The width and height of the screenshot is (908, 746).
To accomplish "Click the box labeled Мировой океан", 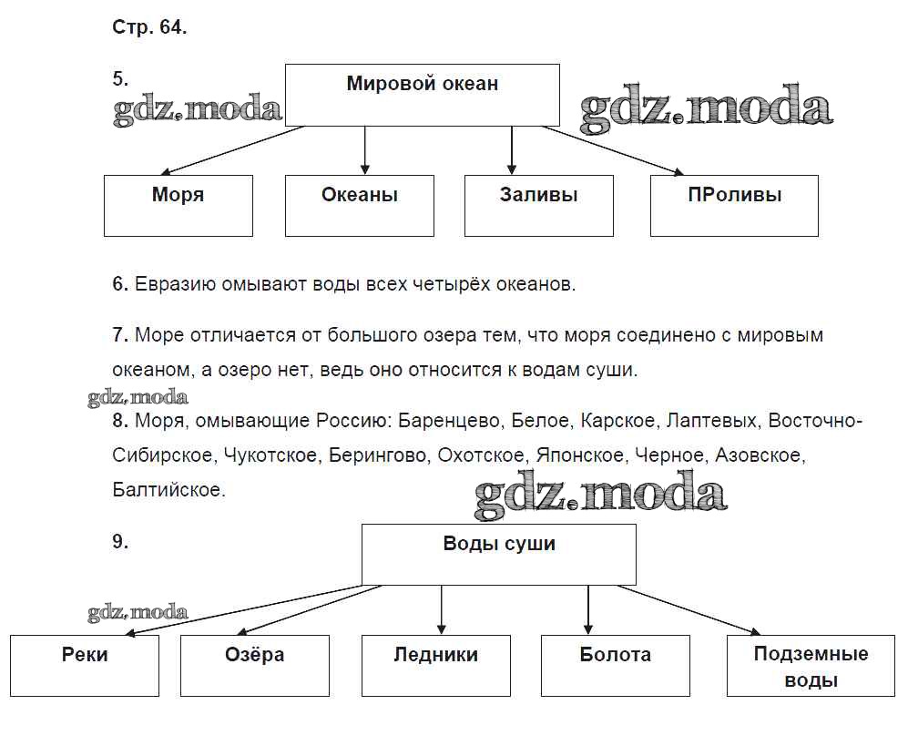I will (x=423, y=95).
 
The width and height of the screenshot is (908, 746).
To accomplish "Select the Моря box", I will (x=179, y=205).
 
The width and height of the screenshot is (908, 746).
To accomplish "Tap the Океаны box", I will (x=360, y=205).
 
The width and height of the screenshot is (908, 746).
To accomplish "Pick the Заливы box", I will (x=539, y=205).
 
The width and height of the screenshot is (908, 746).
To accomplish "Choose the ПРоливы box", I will (x=734, y=205).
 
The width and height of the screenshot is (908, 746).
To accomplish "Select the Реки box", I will (x=86, y=665).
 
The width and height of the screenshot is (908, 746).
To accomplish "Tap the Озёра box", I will (x=255, y=665).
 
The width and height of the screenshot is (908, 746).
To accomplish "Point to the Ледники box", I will (x=436, y=665).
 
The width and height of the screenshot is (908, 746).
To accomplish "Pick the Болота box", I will (x=616, y=665).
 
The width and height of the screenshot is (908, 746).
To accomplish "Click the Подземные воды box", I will (x=811, y=666).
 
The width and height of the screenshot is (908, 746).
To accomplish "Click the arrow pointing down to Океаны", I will (x=365, y=150).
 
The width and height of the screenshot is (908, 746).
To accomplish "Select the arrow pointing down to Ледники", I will (x=442, y=609).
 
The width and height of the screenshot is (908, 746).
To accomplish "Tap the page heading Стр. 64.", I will (x=149, y=27).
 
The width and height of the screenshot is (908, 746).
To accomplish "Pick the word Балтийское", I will (x=168, y=489).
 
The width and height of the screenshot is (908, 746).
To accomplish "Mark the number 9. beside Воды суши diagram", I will (x=120, y=542).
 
